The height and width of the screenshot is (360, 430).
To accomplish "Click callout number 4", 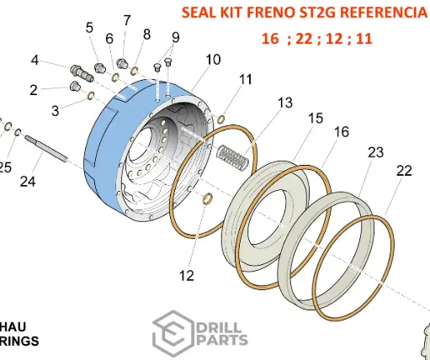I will click(35, 60).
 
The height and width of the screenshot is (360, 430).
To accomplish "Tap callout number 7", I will click(127, 20).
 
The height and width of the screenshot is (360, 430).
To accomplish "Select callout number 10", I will click(213, 60).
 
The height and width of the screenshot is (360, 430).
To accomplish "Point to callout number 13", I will click(285, 102).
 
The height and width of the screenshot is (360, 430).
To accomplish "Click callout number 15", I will click(316, 118).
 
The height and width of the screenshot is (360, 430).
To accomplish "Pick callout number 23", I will click(375, 152).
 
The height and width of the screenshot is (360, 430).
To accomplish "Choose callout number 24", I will click(29, 180).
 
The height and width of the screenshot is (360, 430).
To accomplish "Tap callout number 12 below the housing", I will click(186, 274).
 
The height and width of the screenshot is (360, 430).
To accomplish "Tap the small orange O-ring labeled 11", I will click(221, 119).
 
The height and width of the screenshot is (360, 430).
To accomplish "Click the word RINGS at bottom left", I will click(18, 341).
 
